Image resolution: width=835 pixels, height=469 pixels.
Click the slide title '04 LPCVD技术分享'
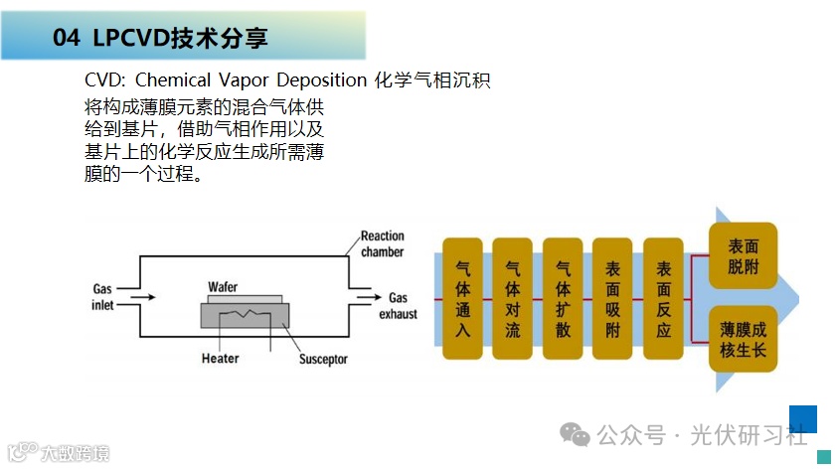[x=160, y=39]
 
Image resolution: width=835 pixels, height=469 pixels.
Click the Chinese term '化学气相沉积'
[x=432, y=79]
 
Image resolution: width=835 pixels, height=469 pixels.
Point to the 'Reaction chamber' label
[x=382, y=243]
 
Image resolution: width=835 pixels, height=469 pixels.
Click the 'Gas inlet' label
[x=103, y=297]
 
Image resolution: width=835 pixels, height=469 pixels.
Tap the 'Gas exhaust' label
[x=399, y=305]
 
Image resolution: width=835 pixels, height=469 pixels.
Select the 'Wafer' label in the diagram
[x=224, y=287]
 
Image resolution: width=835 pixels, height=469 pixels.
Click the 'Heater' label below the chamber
[x=220, y=358]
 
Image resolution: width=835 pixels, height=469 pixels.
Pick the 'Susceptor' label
[x=323, y=359]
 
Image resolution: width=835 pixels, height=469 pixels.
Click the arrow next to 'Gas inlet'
[x=142, y=297]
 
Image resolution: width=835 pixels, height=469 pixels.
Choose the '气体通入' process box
[x=462, y=298]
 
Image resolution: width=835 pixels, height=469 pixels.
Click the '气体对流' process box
[x=512, y=298]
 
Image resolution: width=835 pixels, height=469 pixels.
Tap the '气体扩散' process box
[x=563, y=298]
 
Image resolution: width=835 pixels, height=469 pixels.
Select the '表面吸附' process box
[x=612, y=298]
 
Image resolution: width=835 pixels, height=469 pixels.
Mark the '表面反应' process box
[x=663, y=298]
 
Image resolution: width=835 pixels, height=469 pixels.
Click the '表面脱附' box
[x=743, y=255]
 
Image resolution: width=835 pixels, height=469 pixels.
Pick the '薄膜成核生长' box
[x=743, y=341]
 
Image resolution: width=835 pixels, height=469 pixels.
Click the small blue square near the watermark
[x=802, y=418]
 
